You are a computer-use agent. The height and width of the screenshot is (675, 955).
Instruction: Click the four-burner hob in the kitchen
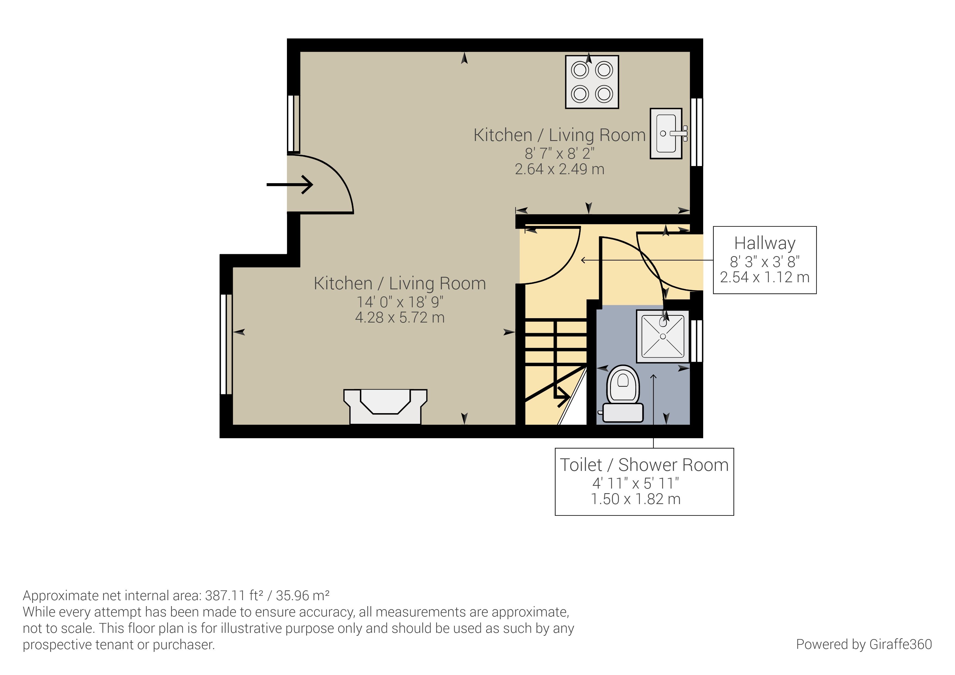pos(592,82)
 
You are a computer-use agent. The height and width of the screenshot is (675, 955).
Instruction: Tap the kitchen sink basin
pos(666,133)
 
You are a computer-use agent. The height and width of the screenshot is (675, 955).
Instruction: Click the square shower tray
pos(663,336)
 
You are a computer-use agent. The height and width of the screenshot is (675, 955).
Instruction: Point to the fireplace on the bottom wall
pos(385,407)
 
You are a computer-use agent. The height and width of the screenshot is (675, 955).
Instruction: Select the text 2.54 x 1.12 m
pos(764,277)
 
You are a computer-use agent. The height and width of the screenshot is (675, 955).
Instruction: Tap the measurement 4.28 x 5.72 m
pos(400,318)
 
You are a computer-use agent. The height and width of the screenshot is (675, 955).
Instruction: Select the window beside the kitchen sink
pos(697,132)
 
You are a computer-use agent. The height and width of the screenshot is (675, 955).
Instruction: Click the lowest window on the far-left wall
pos(226,344)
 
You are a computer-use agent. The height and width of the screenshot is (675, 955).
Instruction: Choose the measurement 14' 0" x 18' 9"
pos(400,302)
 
